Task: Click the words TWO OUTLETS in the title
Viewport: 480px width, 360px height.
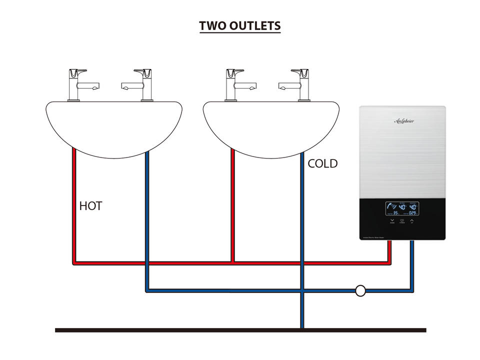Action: pyautogui.click(x=240, y=26)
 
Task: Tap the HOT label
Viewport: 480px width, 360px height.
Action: pyautogui.click(x=90, y=205)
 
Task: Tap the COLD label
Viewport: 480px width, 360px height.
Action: pyautogui.click(x=322, y=163)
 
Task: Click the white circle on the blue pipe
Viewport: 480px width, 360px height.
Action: pyautogui.click(x=360, y=290)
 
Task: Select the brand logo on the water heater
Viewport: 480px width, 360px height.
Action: pyautogui.click(x=404, y=121)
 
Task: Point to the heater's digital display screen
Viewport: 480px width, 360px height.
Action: pyautogui.click(x=402, y=209)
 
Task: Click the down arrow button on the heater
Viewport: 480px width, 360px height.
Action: pyautogui.click(x=392, y=220)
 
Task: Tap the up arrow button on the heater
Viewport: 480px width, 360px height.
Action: pyautogui.click(x=412, y=220)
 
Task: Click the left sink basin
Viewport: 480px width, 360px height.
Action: pyautogui.click(x=114, y=125)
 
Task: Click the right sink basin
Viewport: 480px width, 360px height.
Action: pyautogui.click(x=271, y=125)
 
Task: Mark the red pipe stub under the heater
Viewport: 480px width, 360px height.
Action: pyautogui.click(x=389, y=250)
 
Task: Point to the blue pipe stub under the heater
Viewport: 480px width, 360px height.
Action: pyautogui.click(x=412, y=260)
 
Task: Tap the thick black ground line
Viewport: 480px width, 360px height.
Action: pyautogui.click(x=240, y=330)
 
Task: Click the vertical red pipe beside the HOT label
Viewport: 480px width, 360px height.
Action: pyautogui.click(x=74, y=205)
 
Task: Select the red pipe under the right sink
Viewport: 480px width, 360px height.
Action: pyautogui.click(x=233, y=205)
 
